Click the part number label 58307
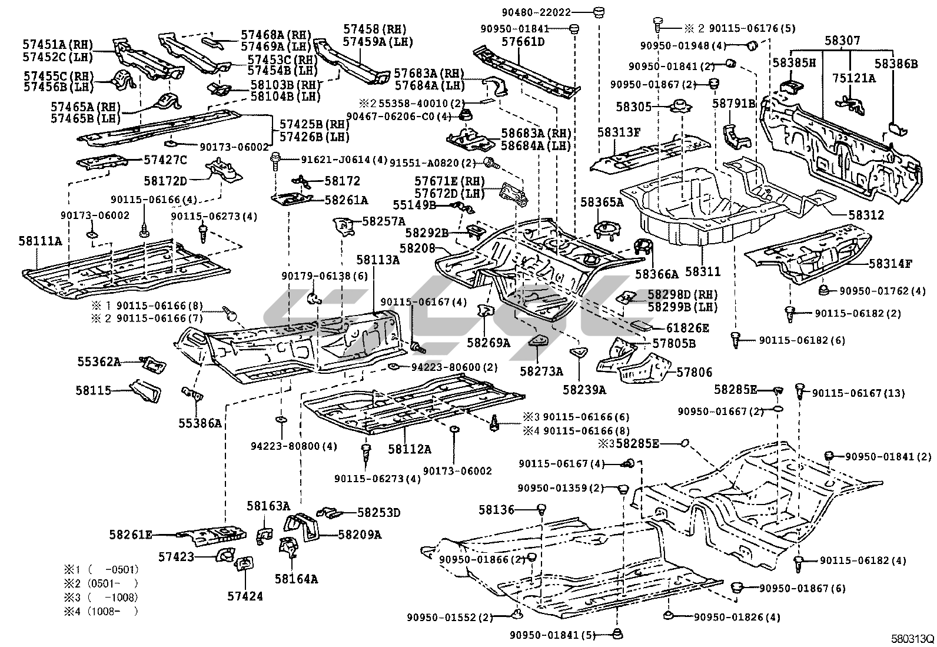click(x=842, y=41)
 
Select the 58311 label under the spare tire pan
click(x=703, y=271)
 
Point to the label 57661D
click(x=523, y=42)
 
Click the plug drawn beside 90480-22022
click(x=600, y=12)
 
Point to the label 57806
click(x=694, y=371)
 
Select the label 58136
click(x=496, y=509)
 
